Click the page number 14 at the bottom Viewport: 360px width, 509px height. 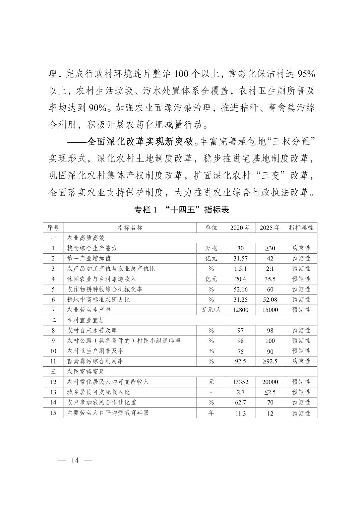pos(75,460)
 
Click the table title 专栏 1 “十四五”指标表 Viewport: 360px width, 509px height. pos(181,210)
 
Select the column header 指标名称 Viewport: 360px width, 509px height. pos(130,228)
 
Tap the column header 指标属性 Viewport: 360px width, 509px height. pos(301,228)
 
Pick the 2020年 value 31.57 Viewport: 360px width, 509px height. pos(240,258)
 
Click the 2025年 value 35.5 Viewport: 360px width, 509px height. pos(270,279)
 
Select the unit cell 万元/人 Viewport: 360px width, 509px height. pos(211,310)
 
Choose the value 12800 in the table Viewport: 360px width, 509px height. pos(240,310)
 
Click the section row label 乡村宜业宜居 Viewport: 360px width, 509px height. pos(86,320)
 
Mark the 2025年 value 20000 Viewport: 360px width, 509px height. pos(270,382)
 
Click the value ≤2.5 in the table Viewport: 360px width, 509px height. pos(270,392)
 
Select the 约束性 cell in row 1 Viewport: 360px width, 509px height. pos(301,248)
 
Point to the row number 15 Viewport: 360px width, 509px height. pos(53,413)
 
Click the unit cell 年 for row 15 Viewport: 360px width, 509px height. pos(211,413)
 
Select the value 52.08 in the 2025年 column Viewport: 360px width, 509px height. pos(270,300)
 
